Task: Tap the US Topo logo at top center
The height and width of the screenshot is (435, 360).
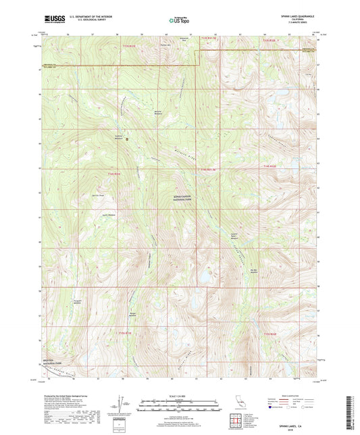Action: [x=180, y=21]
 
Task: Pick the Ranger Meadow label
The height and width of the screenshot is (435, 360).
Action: [x=133, y=314]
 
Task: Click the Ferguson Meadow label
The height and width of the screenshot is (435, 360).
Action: [x=80, y=302]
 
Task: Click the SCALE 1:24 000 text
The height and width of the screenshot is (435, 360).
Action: [x=180, y=395]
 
